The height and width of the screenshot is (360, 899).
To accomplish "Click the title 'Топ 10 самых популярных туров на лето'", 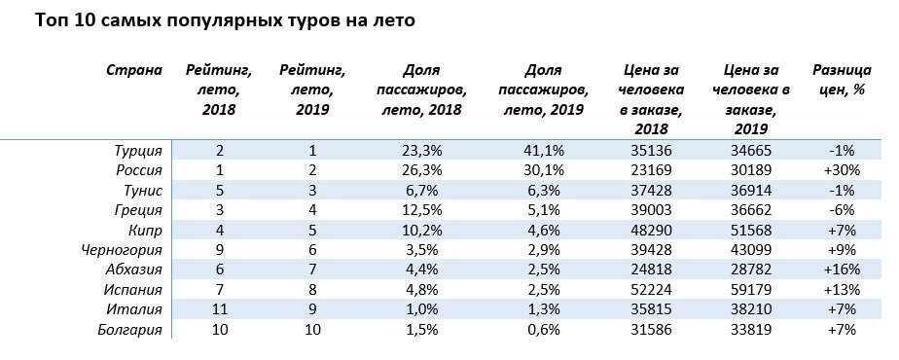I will coord(218,21).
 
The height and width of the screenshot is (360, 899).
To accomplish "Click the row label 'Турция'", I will coord(139,151).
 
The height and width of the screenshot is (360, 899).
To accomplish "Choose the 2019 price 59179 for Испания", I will coord(759,289).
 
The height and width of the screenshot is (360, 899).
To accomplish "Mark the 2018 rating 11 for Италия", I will coord(220,309).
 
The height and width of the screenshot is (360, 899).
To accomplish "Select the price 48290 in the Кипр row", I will coord(653,230).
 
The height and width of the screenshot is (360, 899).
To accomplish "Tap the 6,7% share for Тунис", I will coord(422,190).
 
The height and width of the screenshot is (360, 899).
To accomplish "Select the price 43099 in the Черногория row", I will coord(759,250).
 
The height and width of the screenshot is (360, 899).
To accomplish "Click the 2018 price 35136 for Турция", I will coord(653,151).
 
